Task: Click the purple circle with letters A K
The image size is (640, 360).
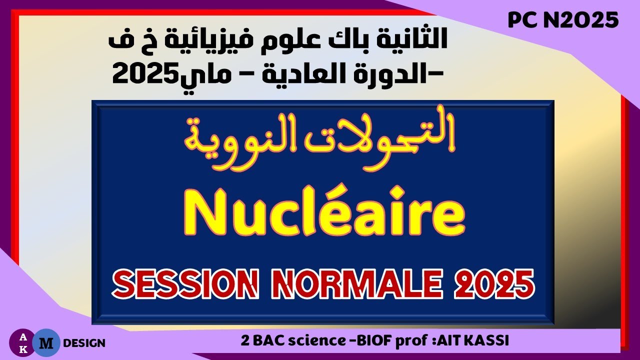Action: click(x=23, y=342)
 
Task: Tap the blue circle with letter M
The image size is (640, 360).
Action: click(x=46, y=342)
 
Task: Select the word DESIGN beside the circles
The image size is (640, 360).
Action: click(x=84, y=343)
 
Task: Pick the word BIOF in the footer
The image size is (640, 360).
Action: click(x=380, y=341)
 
